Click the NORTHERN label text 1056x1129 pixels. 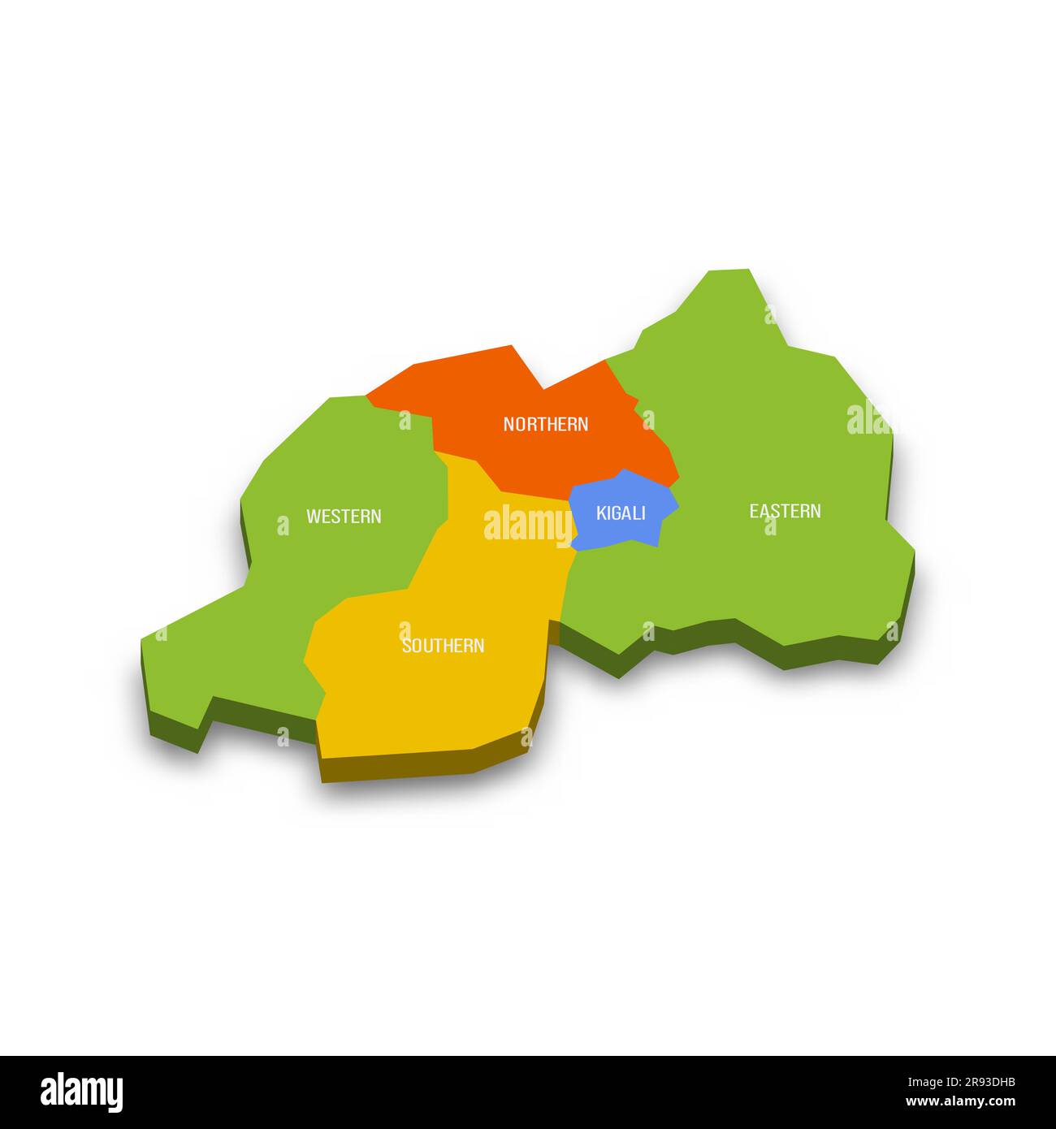click(x=546, y=424)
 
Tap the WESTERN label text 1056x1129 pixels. click(x=344, y=517)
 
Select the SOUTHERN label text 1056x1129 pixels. click(x=443, y=646)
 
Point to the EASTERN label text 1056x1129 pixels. click(x=785, y=511)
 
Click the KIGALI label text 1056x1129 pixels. click(x=621, y=513)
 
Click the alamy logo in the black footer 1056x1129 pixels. click(x=82, y=1092)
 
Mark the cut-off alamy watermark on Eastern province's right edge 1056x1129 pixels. click(x=868, y=419)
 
